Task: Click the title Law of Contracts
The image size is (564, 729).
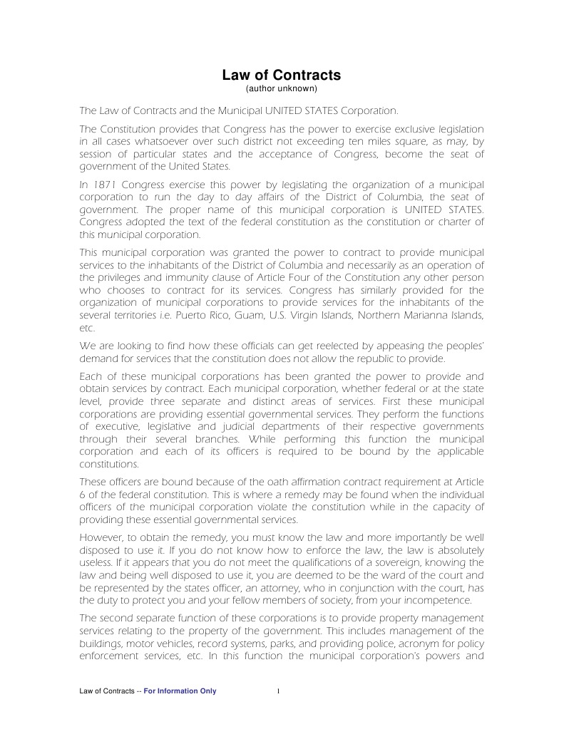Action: [282, 75]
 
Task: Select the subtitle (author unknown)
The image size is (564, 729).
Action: [282, 89]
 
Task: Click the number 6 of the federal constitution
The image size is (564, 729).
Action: [82, 495]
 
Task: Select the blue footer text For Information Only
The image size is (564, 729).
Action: [180, 691]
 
